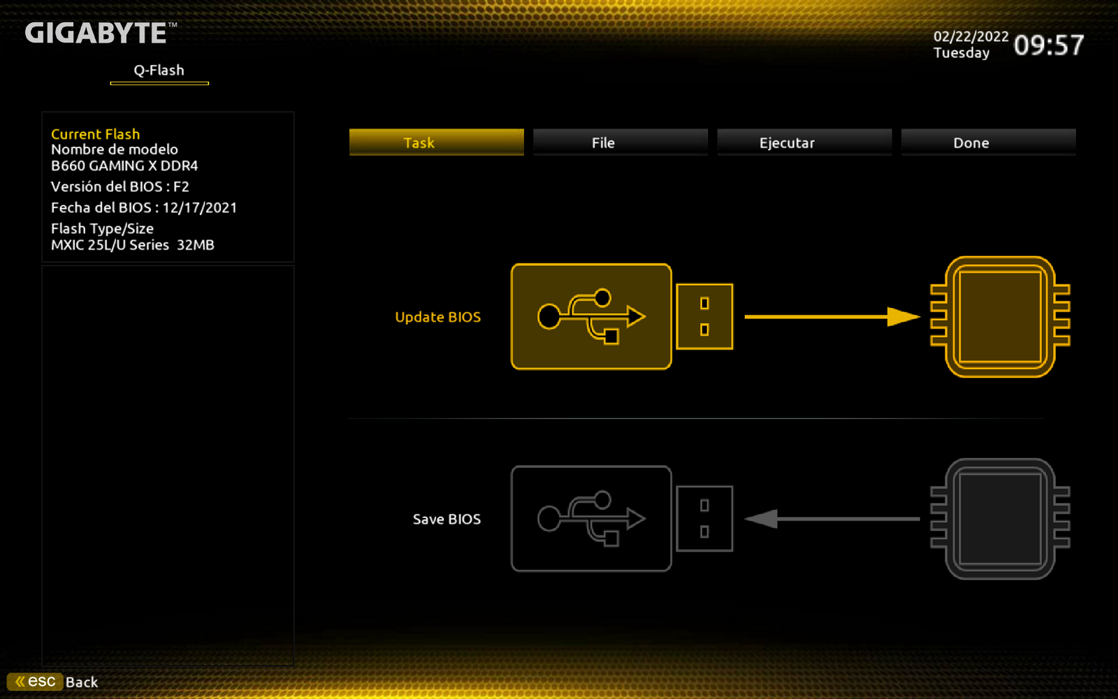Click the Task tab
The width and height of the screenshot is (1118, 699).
point(436,143)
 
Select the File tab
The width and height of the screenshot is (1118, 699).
point(620,143)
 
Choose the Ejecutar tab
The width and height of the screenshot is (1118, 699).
point(804,143)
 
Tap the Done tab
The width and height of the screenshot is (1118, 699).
point(988,143)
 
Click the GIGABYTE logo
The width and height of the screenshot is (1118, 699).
point(101,33)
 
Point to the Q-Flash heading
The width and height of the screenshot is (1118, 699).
point(159,71)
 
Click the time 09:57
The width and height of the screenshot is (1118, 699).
point(1049,45)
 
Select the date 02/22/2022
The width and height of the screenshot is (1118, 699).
point(971,36)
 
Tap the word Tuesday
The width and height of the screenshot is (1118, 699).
point(961,53)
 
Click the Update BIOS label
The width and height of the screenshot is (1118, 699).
point(437,317)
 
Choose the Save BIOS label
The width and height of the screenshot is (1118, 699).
point(447,519)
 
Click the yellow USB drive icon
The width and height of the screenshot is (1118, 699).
point(622,317)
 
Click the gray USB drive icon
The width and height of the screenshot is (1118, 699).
point(622,519)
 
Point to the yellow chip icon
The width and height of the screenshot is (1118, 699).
point(1000,317)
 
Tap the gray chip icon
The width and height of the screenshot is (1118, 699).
point(1000,519)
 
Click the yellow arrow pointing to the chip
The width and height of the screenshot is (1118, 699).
point(832,317)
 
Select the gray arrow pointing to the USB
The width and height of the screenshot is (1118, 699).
point(832,519)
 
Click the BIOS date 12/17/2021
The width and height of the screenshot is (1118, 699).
point(200,208)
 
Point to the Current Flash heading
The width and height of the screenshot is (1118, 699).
point(95,134)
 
